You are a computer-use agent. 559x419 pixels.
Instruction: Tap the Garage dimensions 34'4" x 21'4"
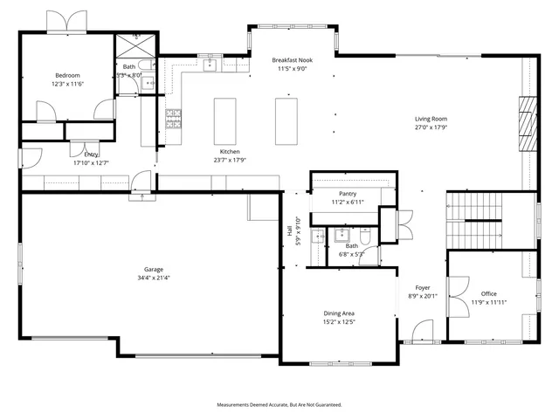[154, 278]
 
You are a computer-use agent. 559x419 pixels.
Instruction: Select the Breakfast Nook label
[293, 59]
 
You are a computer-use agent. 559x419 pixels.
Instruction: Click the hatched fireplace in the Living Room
[527, 121]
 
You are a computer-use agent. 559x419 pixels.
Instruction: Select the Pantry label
[329, 193]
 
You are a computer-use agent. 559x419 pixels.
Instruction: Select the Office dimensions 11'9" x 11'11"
[488, 302]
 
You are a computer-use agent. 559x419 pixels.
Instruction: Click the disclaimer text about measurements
[279, 405]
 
